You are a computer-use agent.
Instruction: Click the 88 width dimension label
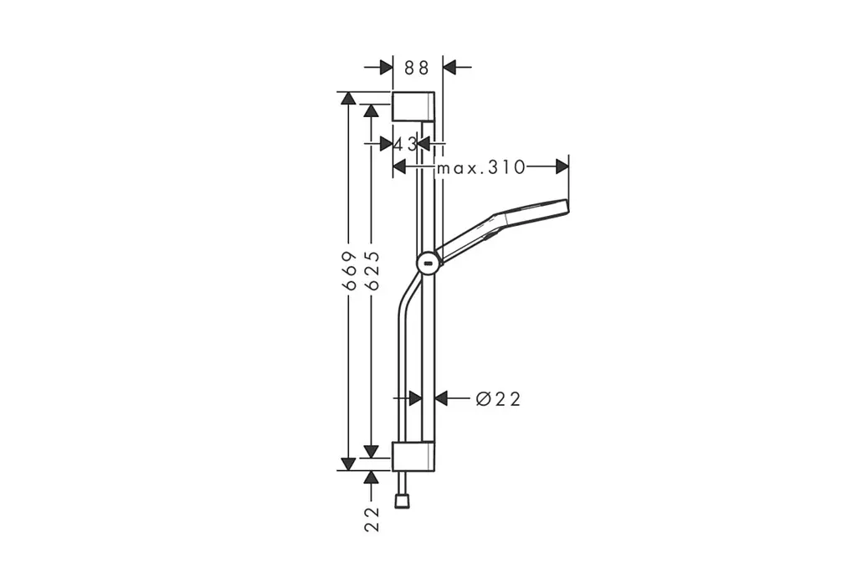(x=417, y=68)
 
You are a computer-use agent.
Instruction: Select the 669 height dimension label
(x=349, y=270)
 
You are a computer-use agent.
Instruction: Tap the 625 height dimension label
(x=371, y=270)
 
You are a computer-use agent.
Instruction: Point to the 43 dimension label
(x=405, y=144)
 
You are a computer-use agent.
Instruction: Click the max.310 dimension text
(x=480, y=167)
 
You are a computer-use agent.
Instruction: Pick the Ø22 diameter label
(x=498, y=399)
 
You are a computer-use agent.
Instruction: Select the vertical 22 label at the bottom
(x=372, y=520)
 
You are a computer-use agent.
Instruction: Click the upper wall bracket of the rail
(x=413, y=106)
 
